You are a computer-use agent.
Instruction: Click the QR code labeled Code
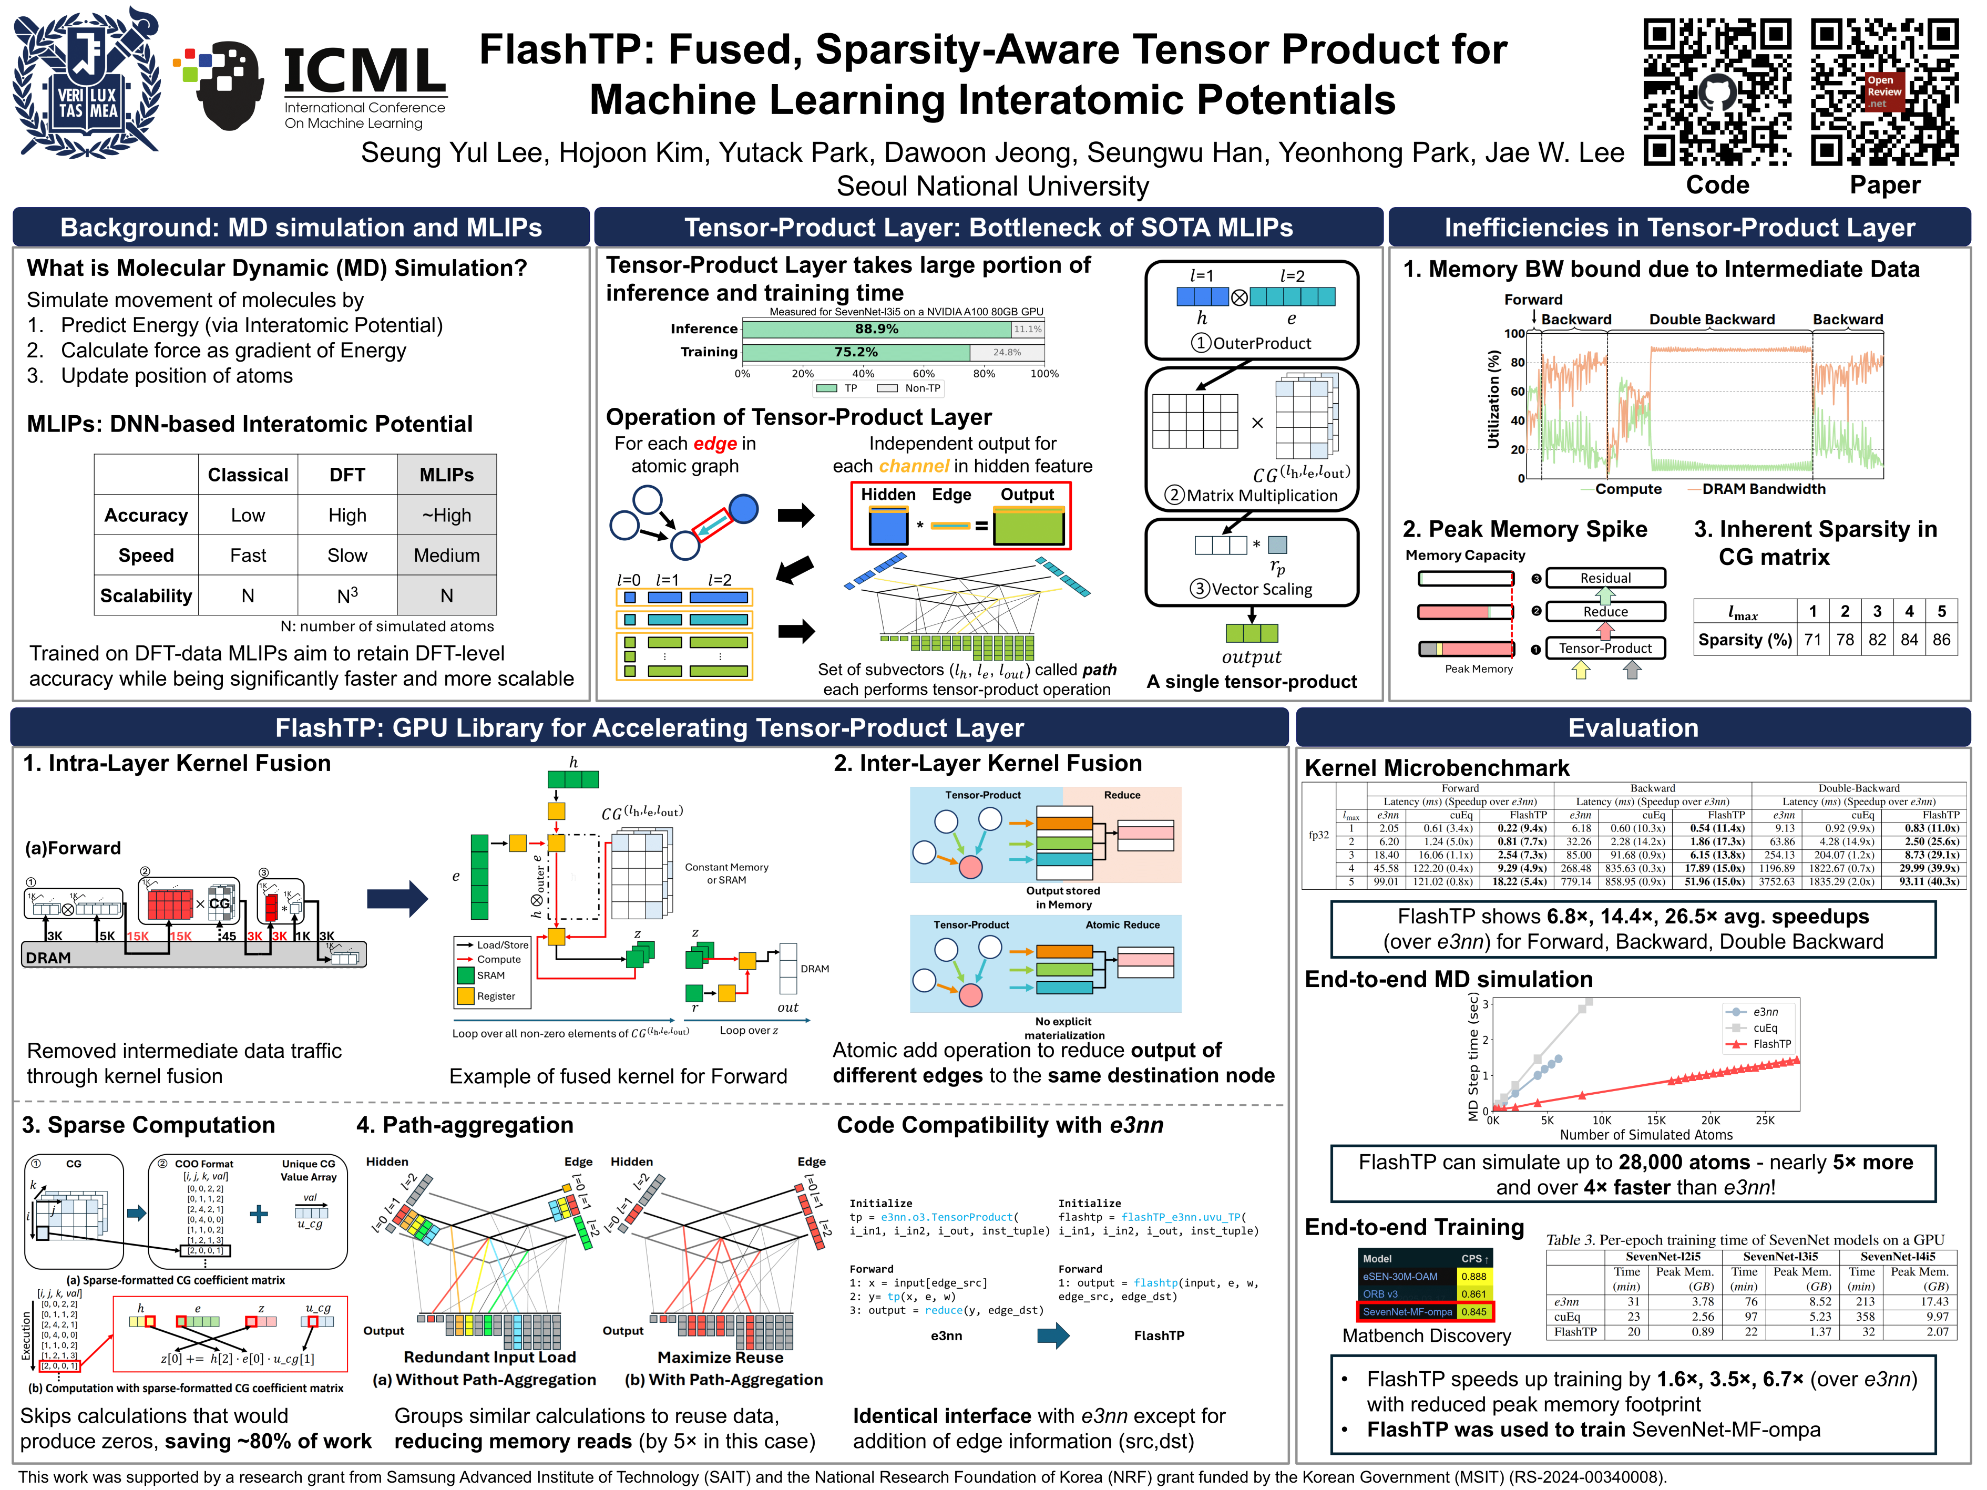click(1717, 93)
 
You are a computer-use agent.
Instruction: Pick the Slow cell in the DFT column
click(347, 555)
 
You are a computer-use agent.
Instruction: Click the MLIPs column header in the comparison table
click(446, 474)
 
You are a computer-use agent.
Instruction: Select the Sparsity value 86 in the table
click(1941, 640)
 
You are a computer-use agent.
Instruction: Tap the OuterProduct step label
click(1261, 343)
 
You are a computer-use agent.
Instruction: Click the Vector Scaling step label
click(1261, 589)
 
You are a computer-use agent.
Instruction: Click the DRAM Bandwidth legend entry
click(1763, 489)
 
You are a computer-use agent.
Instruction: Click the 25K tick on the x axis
click(1765, 1120)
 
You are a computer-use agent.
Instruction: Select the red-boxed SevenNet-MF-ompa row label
click(1407, 1311)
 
